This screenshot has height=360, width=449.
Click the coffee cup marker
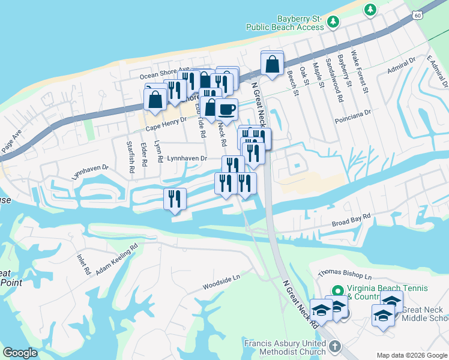(226, 110)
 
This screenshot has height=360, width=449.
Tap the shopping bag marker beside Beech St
(272, 63)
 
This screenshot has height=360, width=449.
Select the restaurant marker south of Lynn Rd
(175, 199)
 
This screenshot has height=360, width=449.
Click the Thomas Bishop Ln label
(345, 273)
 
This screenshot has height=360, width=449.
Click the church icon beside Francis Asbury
(335, 347)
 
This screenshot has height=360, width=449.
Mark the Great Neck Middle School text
(425, 314)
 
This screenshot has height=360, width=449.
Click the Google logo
(20, 353)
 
